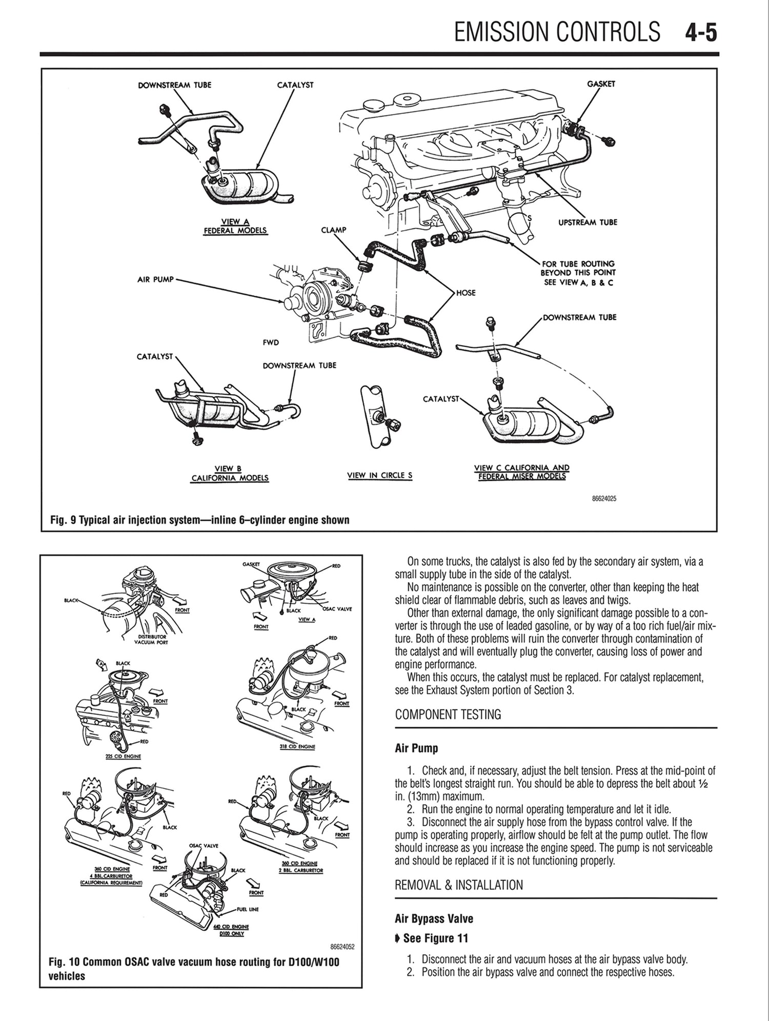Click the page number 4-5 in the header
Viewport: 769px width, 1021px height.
(700, 32)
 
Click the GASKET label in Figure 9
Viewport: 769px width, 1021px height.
(601, 84)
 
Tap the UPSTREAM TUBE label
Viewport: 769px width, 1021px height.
(588, 222)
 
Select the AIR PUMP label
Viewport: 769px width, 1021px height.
(156, 279)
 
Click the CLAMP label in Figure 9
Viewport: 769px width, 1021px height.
(333, 230)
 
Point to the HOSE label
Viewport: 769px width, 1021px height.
(466, 293)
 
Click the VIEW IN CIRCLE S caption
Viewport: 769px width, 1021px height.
(379, 475)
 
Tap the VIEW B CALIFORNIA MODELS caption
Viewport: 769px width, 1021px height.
(230, 474)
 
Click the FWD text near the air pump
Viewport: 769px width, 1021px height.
(271, 342)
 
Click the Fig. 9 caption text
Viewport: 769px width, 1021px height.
(200, 520)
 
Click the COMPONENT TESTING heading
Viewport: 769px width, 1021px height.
(448, 714)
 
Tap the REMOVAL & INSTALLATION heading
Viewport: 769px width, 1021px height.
(459, 885)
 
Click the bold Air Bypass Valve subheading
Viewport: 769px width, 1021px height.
(434, 918)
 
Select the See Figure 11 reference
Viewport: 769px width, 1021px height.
(435, 938)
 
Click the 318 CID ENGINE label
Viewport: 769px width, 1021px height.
(297, 747)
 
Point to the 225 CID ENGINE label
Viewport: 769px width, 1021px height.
(123, 756)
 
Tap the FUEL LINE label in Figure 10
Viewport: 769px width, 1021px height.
(248, 909)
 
